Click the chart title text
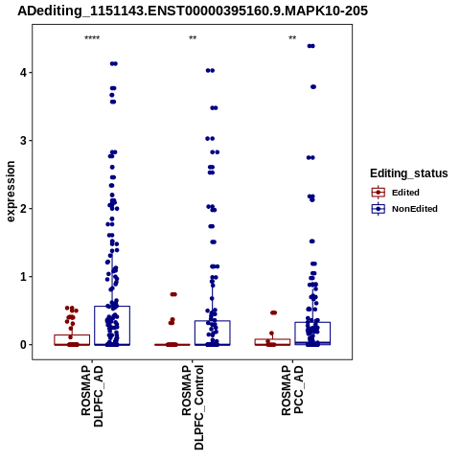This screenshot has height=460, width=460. click(x=193, y=11)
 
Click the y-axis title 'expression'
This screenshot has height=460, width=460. click(x=11, y=192)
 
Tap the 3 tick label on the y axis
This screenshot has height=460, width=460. click(x=24, y=141)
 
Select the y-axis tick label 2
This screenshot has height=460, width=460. click(x=24, y=209)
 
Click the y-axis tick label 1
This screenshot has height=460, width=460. click(x=24, y=277)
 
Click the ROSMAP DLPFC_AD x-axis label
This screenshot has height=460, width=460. click(x=92, y=396)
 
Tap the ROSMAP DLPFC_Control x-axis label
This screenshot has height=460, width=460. click(x=193, y=407)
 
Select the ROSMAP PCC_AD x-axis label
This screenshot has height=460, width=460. click(x=292, y=390)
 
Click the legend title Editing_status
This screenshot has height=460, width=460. click(x=409, y=173)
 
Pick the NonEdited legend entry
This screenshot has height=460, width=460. click(x=404, y=209)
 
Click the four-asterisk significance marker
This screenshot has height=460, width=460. click(x=92, y=38)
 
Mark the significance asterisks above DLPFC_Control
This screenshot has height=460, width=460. click(x=193, y=38)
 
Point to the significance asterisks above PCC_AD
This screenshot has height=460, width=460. click(x=292, y=38)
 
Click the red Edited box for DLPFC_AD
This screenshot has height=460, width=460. click(x=72, y=335)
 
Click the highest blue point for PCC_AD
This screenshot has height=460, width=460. click(x=310, y=46)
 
